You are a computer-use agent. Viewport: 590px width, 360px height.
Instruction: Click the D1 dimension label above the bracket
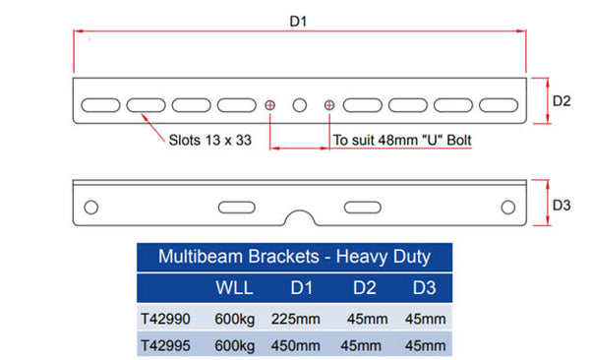coord(298,21)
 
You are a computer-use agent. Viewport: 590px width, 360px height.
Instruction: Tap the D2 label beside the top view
coord(561,101)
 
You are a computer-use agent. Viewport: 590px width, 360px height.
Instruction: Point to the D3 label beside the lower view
coord(561,206)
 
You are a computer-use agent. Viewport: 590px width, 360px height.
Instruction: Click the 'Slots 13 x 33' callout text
coord(210,140)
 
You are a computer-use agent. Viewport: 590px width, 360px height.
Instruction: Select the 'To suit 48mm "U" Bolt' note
coord(402,140)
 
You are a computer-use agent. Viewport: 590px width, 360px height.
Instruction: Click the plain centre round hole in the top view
coord(300,105)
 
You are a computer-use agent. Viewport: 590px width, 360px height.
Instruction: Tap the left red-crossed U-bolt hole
coord(269,105)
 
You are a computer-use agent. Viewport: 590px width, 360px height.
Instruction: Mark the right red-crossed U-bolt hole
coord(329,105)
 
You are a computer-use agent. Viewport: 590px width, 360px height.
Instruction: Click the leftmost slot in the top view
coord(100,105)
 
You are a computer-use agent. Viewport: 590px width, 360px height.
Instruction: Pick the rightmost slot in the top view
coord(499,105)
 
